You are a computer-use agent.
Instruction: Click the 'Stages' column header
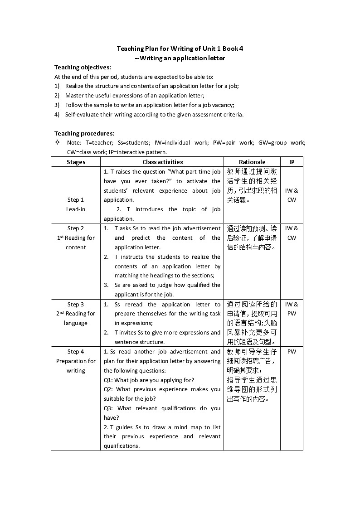76,162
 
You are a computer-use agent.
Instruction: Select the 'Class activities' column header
162,162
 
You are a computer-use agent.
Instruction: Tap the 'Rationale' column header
252,162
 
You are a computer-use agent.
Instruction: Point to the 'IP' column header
292,162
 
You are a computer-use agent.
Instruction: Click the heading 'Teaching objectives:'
83,68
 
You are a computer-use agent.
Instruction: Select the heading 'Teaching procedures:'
84,133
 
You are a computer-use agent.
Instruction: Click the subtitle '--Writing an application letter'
180,58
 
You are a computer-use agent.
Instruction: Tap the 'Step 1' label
76,200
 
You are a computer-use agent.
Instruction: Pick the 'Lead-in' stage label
76,209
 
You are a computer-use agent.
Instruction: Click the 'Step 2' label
76,228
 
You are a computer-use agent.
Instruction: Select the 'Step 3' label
76,305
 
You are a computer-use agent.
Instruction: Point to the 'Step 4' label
76,352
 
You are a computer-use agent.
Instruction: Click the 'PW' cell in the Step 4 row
292,352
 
